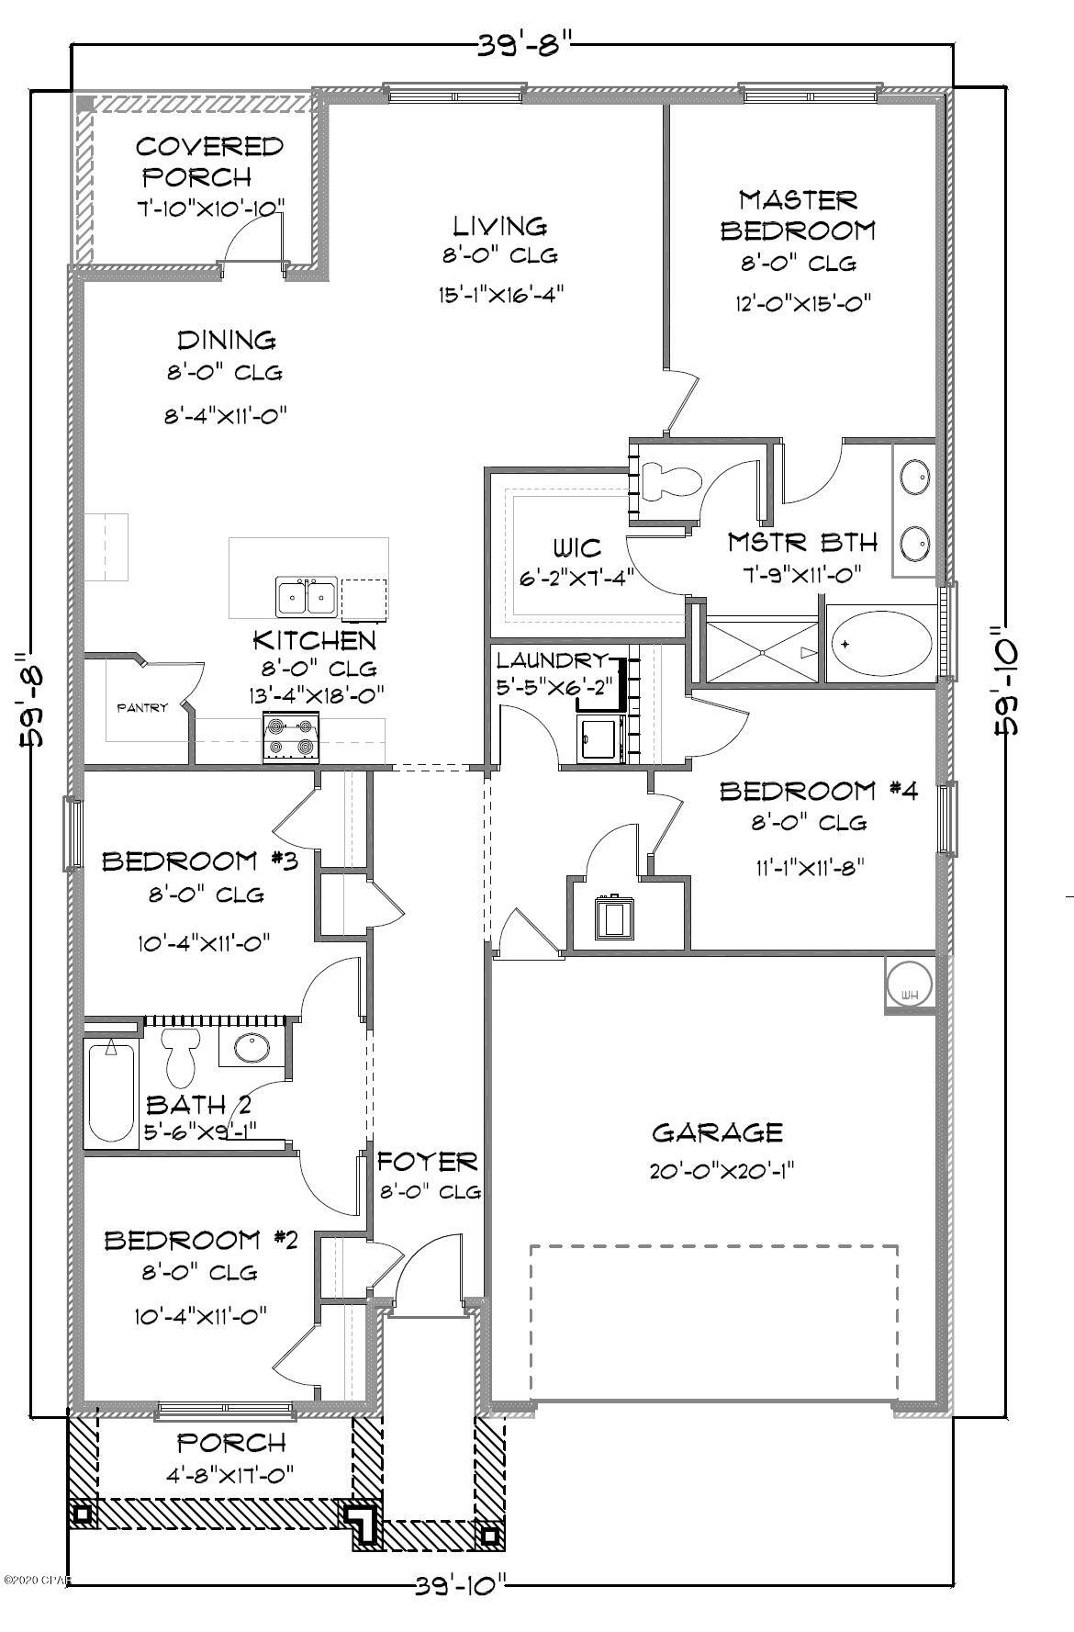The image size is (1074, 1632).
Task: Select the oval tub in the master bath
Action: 880,644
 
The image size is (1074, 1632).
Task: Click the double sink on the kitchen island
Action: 306,598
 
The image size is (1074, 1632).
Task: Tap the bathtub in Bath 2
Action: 111,1092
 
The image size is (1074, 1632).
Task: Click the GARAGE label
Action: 717,1132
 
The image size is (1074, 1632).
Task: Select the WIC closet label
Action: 577,548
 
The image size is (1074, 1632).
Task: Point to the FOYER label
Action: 428,1162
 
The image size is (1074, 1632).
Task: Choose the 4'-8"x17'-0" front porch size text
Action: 230,1475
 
